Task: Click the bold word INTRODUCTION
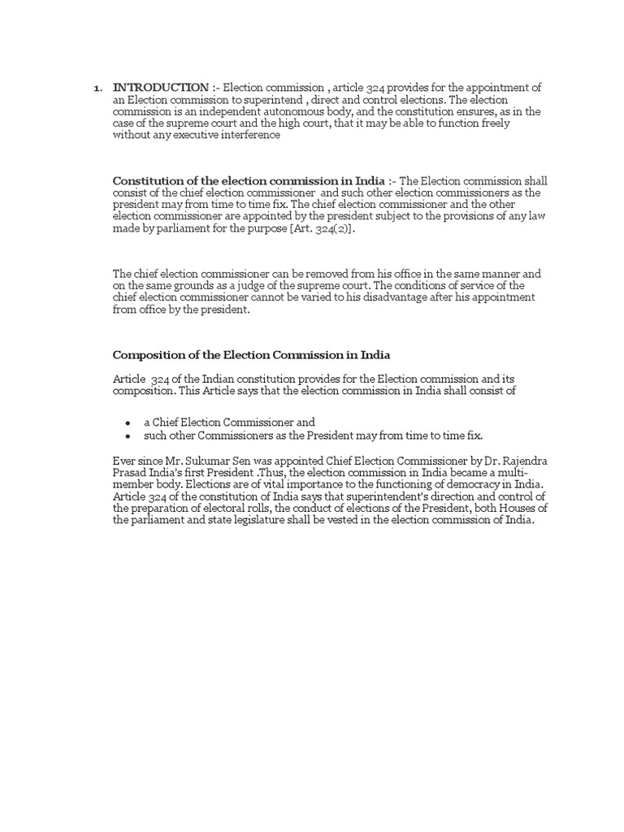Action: point(160,87)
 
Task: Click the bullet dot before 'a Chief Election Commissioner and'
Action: point(128,422)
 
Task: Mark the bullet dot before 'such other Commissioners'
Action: point(128,435)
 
